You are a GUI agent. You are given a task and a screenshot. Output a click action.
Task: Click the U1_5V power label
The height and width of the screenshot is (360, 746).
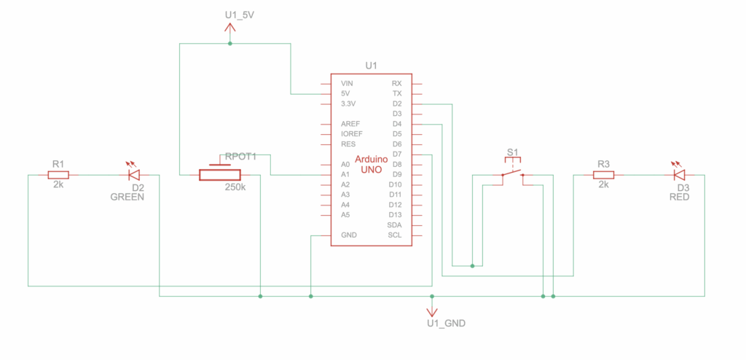[x=240, y=15]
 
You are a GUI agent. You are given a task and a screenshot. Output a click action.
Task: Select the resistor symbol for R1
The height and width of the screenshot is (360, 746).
[x=58, y=175]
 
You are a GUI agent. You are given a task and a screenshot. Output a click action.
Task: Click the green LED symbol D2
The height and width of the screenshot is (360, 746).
[x=133, y=175]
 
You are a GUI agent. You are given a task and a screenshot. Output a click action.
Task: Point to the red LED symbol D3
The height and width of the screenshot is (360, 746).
[x=678, y=175]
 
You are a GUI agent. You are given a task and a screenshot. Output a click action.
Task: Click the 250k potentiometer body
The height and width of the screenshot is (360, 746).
[x=219, y=175]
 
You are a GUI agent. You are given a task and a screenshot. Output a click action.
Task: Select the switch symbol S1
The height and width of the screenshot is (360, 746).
[x=512, y=173]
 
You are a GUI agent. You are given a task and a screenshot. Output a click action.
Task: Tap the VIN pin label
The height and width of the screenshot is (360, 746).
[x=348, y=84]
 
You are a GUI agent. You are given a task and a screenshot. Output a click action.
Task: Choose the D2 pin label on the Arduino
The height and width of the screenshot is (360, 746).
[x=397, y=104]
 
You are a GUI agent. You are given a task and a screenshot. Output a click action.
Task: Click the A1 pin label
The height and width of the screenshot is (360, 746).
[x=345, y=175]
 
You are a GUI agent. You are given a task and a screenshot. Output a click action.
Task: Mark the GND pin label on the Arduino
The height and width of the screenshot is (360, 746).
[x=348, y=235]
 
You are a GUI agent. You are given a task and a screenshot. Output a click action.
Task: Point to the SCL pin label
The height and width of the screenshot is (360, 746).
[x=395, y=235]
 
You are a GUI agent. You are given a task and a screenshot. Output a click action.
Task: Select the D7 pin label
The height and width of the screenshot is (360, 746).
[x=397, y=154]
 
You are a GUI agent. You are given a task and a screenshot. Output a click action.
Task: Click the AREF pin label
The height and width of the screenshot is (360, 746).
[x=350, y=125]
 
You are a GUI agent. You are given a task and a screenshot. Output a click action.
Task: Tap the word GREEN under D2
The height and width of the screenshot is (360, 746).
[x=127, y=197]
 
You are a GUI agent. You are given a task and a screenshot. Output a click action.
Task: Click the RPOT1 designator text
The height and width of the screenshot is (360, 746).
[x=240, y=156]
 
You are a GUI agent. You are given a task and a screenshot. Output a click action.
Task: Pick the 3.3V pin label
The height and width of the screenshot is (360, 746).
[x=349, y=104]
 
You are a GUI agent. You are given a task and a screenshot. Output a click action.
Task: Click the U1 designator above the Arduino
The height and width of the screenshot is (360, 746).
[x=371, y=65]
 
